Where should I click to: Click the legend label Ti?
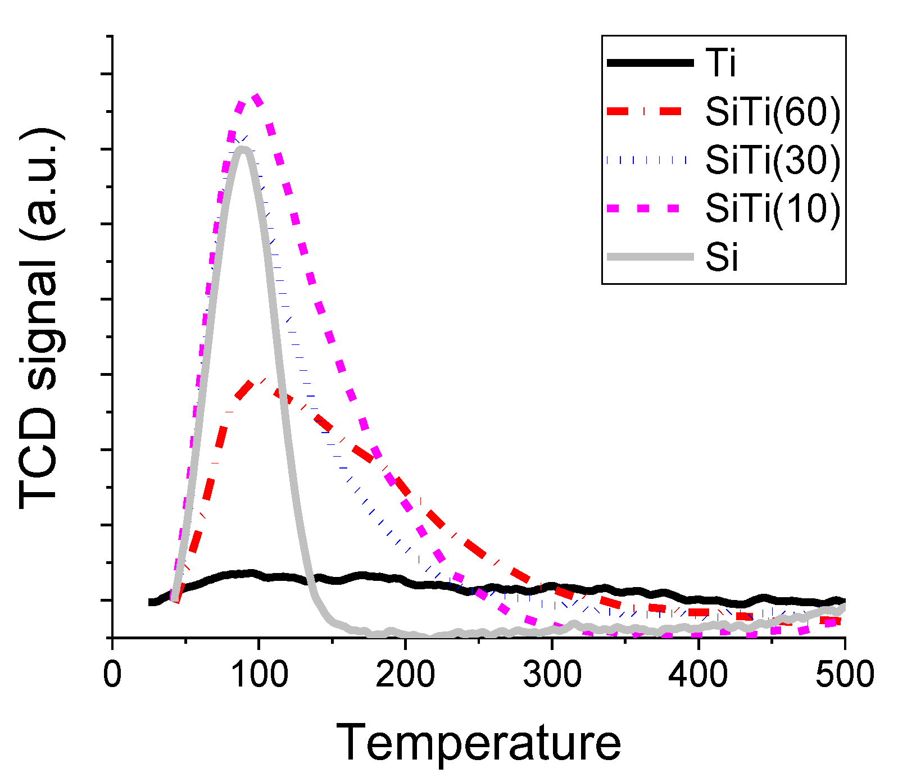[721, 63]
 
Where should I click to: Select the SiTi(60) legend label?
[773, 111]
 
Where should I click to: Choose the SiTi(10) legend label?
[773, 208]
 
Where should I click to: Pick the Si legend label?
[722, 257]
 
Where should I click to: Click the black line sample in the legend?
[650, 63]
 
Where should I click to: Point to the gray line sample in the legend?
[650, 257]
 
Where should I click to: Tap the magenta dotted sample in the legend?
[646, 208]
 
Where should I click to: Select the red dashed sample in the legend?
[646, 111]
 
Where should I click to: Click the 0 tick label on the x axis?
[112, 674]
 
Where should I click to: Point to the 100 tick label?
[259, 674]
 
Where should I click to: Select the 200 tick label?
[405, 674]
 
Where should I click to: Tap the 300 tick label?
[552, 674]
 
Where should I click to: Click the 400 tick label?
[698, 674]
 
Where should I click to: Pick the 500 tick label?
[845, 674]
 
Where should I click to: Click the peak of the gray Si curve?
[243, 148]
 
